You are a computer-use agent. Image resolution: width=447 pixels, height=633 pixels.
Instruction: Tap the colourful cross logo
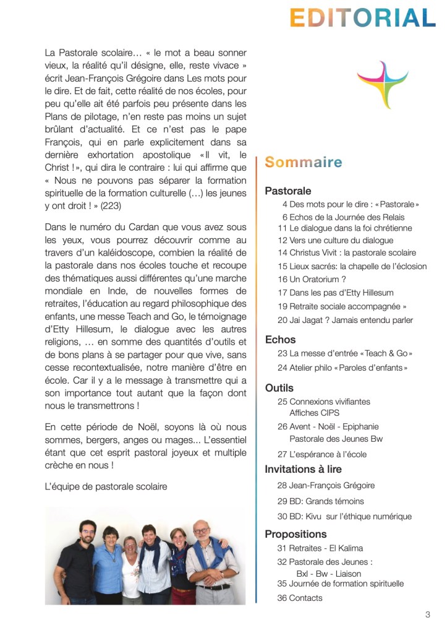pos(382,84)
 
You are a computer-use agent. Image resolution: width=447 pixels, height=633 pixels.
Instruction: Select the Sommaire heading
pos(303,163)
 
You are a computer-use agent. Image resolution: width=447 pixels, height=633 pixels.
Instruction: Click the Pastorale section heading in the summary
pos(288,191)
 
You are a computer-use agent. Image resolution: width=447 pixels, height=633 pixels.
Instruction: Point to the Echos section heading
pos(280,339)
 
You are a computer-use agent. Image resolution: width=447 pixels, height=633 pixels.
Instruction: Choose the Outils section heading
pos(279,388)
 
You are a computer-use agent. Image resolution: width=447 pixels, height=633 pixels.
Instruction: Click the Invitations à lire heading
pos(303,469)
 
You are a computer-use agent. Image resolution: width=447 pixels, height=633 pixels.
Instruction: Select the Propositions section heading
pos(296,533)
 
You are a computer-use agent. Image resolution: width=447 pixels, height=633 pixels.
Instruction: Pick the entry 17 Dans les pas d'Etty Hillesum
pos(335,293)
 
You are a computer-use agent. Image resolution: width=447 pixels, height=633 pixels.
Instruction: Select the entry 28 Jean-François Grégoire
pos(326,485)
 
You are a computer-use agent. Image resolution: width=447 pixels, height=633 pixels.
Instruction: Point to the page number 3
pos(427,614)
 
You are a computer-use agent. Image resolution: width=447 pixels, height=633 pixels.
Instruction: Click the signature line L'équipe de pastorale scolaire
pos(106,486)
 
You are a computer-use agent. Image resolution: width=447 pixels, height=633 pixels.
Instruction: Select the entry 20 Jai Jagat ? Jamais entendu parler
pos(345,320)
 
